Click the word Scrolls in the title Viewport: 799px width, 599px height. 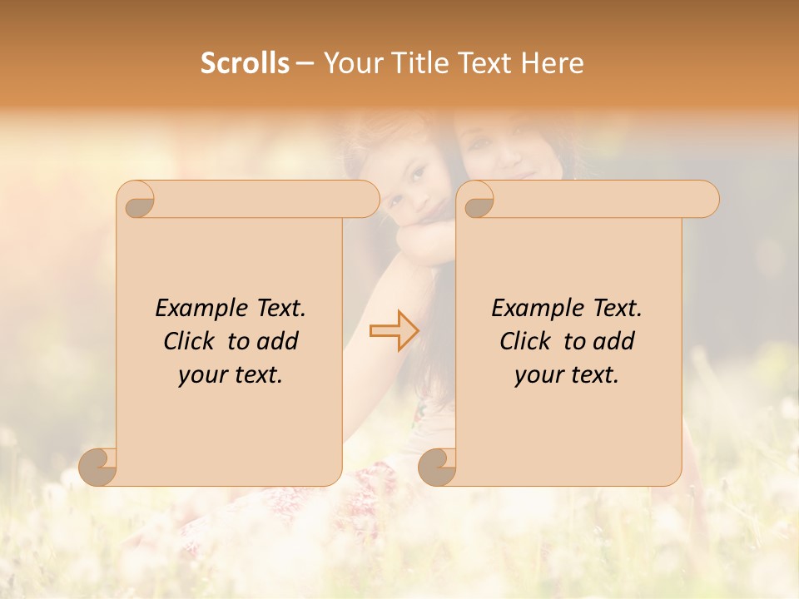pos(245,63)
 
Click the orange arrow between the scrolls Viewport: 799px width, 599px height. pos(394,330)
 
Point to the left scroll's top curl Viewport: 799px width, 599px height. pos(137,200)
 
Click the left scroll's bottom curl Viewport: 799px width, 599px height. pos(99,466)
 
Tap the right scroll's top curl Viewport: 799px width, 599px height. pos(477,200)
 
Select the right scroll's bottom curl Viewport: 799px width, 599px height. pos(438,466)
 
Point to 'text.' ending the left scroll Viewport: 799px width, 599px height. pos(257,375)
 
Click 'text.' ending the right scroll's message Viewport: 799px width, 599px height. pos(593,375)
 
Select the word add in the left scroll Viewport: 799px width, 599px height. pos(278,341)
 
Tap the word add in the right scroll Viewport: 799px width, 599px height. pos(614,341)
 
